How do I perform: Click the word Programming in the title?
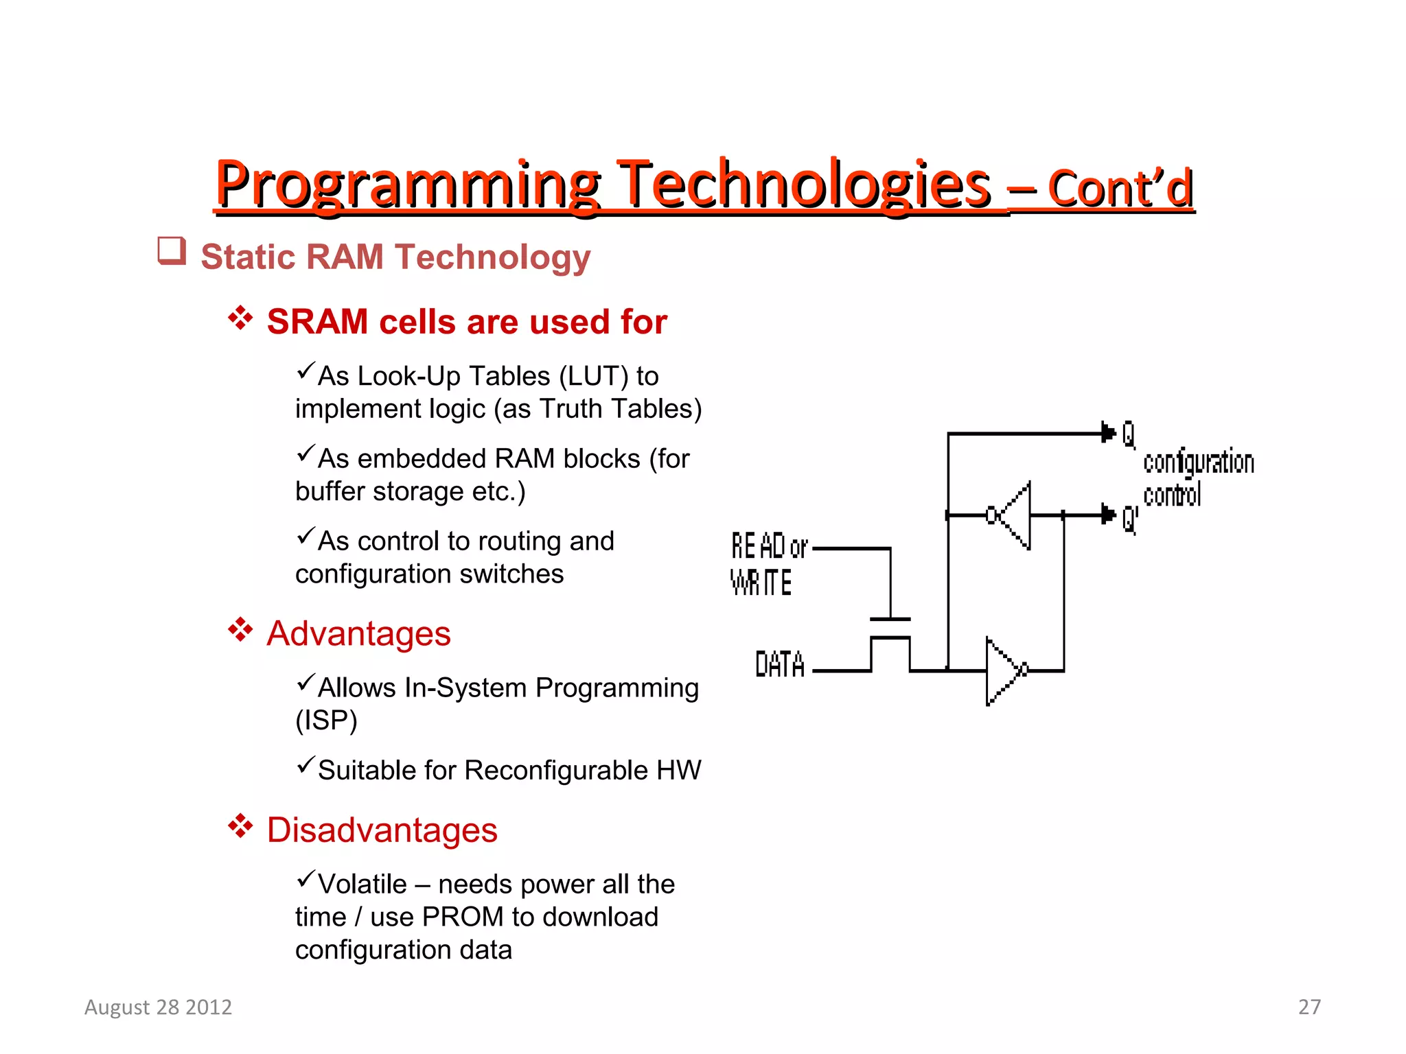408,184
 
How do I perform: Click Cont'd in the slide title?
1120,189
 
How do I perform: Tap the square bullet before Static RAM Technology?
172,251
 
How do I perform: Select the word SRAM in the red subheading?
317,322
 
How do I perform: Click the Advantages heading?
358,633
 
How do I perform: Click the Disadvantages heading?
382,830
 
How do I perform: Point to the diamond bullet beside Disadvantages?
240,826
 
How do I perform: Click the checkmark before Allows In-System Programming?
306,683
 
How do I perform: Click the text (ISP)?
327,721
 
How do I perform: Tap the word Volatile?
362,885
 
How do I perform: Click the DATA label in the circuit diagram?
779,665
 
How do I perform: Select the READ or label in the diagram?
769,547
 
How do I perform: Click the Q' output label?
1129,519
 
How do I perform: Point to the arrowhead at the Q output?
1107,432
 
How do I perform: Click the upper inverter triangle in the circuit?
1015,515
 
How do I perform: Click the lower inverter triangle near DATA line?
1002,670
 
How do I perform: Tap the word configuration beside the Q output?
1198,462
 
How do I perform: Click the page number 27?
1309,1007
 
